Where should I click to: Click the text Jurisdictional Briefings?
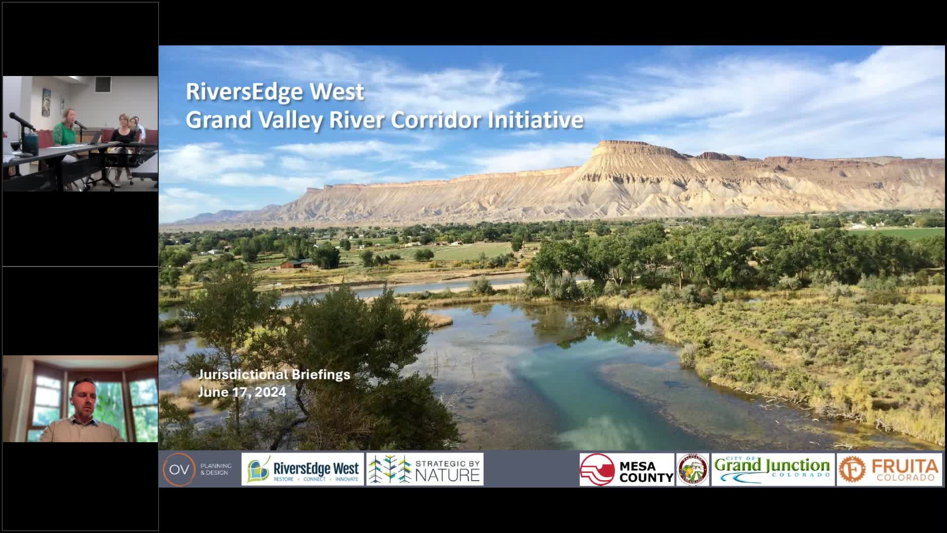[x=274, y=375]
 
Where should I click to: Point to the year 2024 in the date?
[x=270, y=392]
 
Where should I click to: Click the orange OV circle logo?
[x=179, y=469]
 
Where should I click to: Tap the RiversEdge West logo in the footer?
[x=302, y=469]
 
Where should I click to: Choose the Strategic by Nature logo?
[x=425, y=469]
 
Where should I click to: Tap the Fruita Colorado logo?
[x=888, y=469]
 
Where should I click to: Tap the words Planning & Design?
[x=216, y=469]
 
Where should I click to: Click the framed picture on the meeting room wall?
[x=46, y=102]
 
